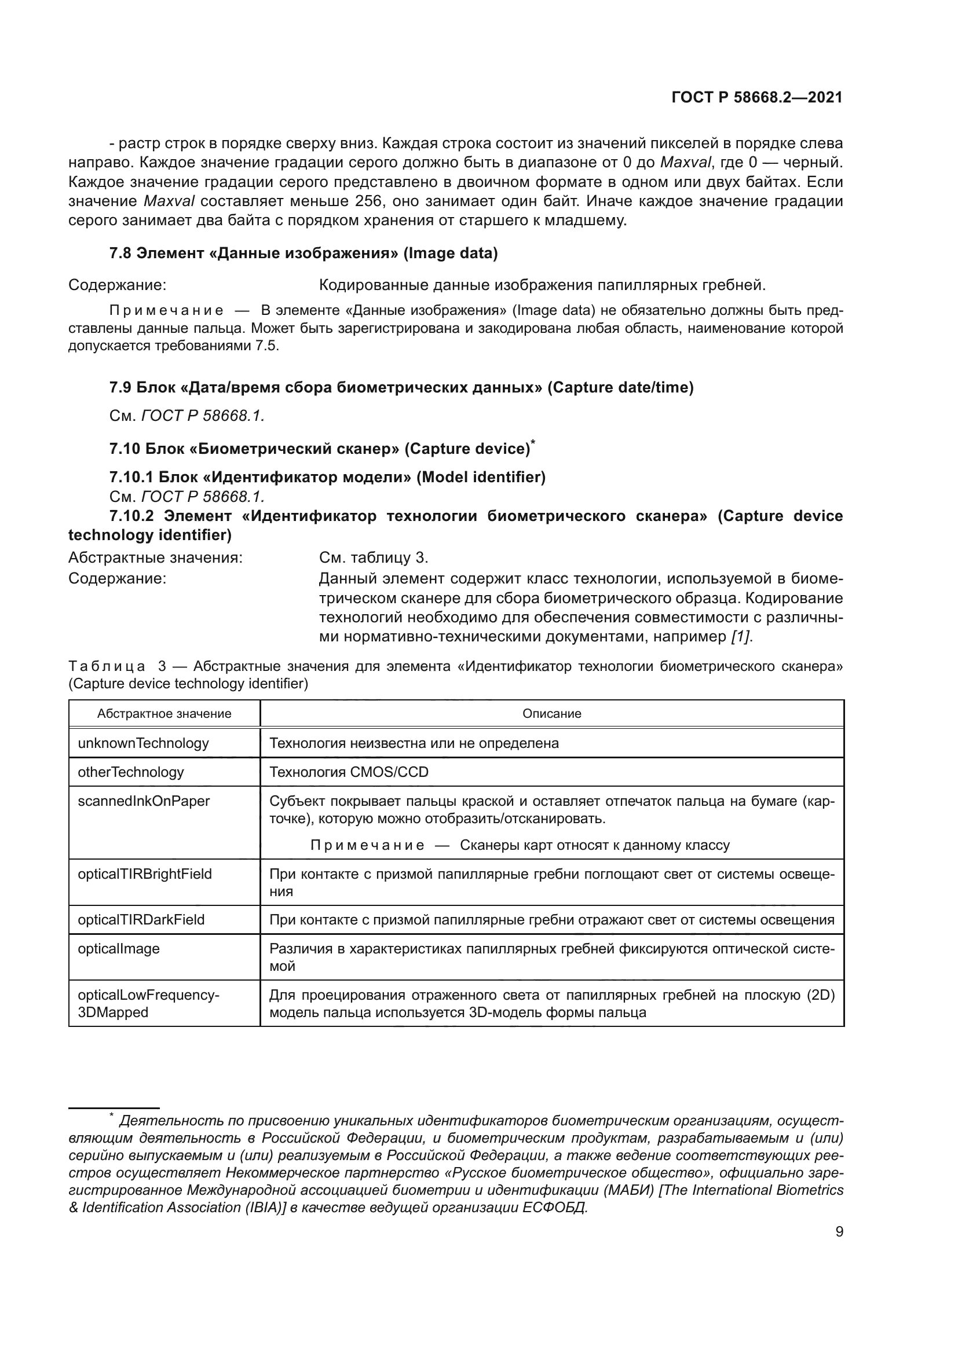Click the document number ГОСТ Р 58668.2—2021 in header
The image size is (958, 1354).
click(757, 98)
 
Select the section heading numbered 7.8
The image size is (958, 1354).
click(303, 253)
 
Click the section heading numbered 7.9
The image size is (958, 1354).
click(401, 387)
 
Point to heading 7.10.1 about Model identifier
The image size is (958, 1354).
click(327, 476)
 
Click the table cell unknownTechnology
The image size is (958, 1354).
click(143, 743)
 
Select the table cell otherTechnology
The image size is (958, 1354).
click(131, 772)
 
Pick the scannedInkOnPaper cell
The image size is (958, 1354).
click(144, 801)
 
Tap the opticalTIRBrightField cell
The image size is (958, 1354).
click(145, 874)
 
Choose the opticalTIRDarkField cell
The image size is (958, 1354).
click(141, 919)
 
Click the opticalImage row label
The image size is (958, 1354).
click(119, 948)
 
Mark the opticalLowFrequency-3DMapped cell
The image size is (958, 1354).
click(148, 1003)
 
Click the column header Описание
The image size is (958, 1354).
click(551, 714)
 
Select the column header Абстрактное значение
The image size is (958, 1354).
click(164, 714)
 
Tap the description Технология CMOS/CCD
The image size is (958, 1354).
click(349, 772)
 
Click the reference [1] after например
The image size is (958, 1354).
click(741, 636)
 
